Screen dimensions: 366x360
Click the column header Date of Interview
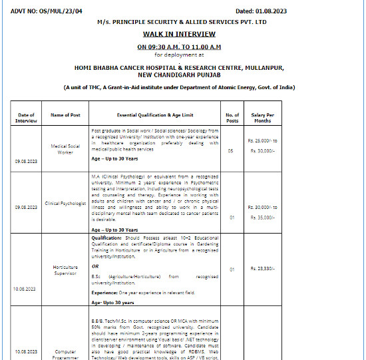[x=26, y=117]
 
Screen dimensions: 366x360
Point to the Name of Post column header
[x=65, y=115]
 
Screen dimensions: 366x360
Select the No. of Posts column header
[x=232, y=117]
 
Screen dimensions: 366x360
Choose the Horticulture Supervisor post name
[x=65, y=270]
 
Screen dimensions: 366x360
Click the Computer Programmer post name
[x=65, y=354]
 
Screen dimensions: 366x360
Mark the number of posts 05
[x=232, y=151]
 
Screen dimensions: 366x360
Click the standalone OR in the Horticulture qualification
[x=95, y=265]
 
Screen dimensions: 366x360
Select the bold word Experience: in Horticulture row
[x=106, y=292]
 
